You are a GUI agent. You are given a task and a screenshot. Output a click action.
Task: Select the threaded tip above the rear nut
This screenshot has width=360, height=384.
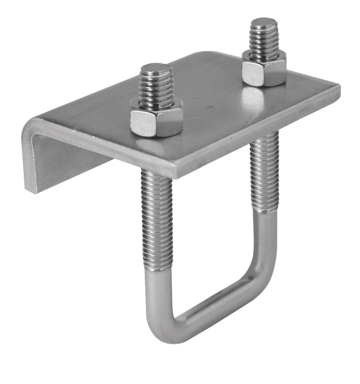263,39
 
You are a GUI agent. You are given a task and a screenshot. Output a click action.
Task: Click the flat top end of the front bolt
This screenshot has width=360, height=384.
155,67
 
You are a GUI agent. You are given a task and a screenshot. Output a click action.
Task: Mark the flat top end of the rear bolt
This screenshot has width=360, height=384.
263,23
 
